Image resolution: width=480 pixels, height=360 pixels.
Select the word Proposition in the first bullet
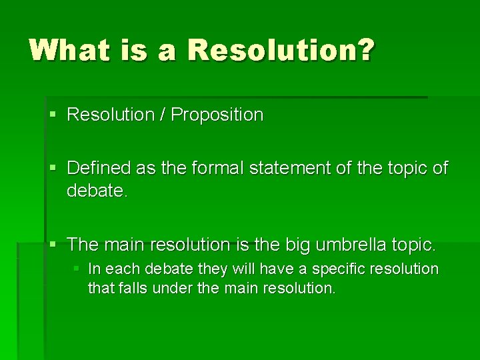click(x=217, y=115)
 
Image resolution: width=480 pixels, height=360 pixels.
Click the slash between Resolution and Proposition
click(x=163, y=115)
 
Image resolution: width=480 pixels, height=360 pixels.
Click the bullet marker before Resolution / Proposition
click(x=54, y=115)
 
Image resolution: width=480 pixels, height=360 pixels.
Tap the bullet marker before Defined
click(x=54, y=169)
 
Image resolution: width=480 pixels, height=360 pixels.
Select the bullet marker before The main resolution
click(x=54, y=245)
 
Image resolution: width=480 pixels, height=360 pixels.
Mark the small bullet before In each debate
click(x=77, y=269)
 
